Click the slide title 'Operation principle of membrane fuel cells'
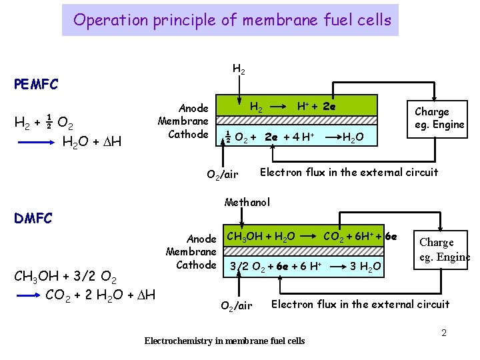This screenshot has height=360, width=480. pos(232,20)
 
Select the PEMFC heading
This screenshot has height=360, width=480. pos(36,85)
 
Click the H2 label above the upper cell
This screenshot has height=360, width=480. pos(238,69)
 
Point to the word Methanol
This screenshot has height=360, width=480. pos(247,202)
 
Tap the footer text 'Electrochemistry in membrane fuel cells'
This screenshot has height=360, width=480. pos(224,341)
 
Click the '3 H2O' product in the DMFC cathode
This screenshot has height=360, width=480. pos(366,267)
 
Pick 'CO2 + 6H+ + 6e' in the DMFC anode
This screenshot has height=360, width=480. pos(360,236)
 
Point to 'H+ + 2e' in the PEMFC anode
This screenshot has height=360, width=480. pos(316,106)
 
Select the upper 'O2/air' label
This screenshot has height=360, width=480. pos(222,175)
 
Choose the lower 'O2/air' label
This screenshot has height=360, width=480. pos(236,306)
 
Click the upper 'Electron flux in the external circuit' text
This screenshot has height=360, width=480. pos(349,173)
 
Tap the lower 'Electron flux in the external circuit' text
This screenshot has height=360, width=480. pos(360,305)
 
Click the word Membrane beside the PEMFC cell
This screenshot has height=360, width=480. pos(183,121)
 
